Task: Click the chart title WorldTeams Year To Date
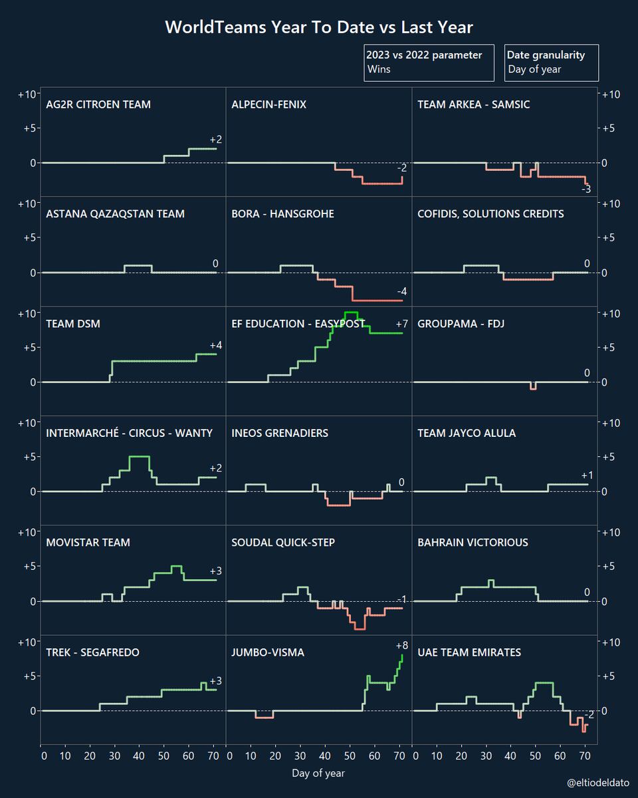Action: pos(319,27)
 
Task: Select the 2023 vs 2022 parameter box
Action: pos(429,63)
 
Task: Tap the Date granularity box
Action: pos(551,63)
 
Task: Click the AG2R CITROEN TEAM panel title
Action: pos(98,104)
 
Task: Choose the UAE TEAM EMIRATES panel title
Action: pos(469,652)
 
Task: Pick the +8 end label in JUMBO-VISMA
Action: pos(401,645)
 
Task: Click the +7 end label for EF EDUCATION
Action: pos(401,324)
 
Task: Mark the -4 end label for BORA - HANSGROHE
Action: pos(401,291)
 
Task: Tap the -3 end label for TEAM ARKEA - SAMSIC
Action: pos(585,190)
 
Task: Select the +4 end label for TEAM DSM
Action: pos(216,345)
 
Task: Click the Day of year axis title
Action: pos(318,773)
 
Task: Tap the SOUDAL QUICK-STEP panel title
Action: pos(283,543)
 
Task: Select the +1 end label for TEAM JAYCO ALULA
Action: pos(587,475)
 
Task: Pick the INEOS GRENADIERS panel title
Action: pos(280,433)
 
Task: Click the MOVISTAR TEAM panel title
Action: pos(88,543)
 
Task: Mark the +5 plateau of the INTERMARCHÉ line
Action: pos(139,457)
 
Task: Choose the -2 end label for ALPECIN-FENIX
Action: pos(401,168)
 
